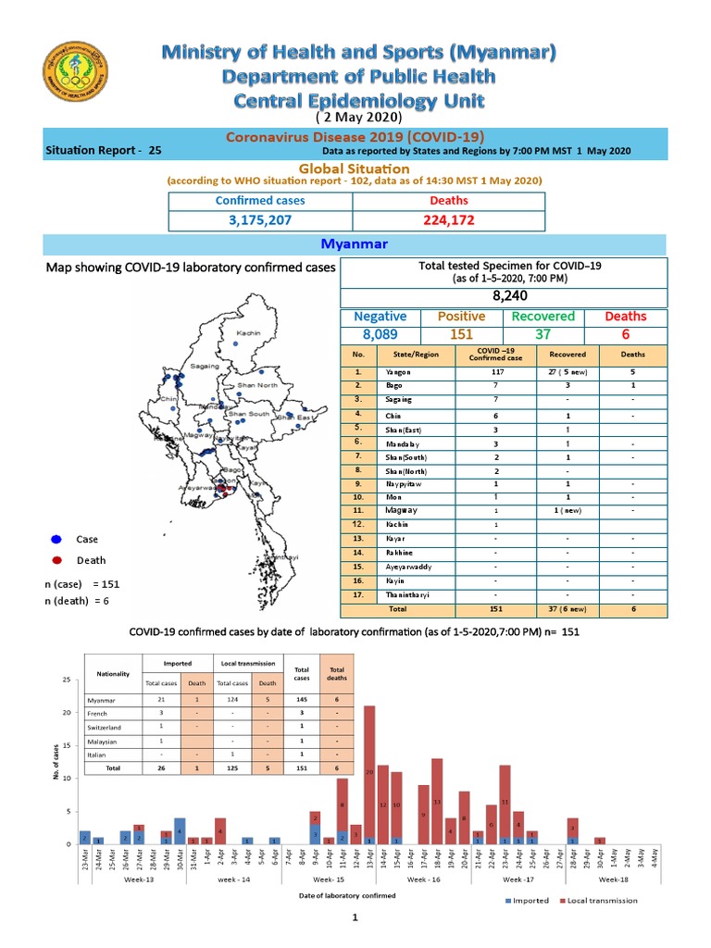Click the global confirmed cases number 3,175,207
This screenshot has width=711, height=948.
pos(260,221)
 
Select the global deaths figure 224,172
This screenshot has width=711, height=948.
pos(449,221)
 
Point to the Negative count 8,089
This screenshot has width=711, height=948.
pos(381,335)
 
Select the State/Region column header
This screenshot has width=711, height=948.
pos(416,355)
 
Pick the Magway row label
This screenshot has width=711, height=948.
pos(402,510)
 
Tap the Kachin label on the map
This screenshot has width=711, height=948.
pos(248,333)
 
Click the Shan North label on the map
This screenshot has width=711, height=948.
pos(257,385)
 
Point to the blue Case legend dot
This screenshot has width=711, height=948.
pos(56,539)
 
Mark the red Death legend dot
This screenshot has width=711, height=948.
pos(56,560)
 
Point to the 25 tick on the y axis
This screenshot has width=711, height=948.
pos(65,680)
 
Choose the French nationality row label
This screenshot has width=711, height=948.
pos(97,714)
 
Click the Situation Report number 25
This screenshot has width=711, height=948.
pos(154,150)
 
